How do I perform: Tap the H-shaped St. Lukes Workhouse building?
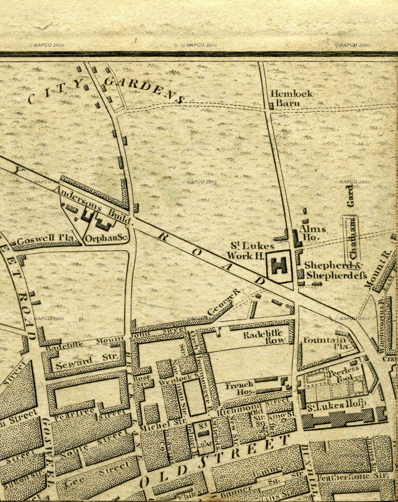(x=279, y=266)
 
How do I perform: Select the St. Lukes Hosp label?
(x=336, y=405)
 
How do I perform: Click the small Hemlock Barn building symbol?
(x=271, y=107)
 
